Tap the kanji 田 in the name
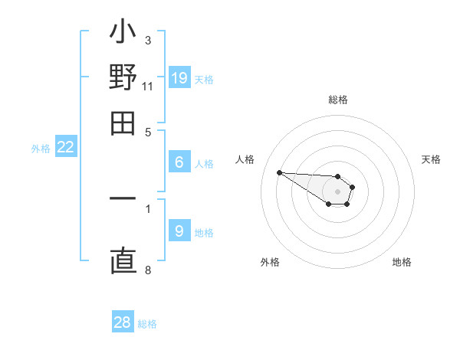(x=123, y=123)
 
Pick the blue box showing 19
(x=179, y=78)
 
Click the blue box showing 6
(x=179, y=162)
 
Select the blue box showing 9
(x=179, y=231)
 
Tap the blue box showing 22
(x=66, y=148)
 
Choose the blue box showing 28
(x=123, y=322)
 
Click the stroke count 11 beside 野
(x=148, y=86)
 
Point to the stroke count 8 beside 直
(x=148, y=270)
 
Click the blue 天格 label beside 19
(x=204, y=80)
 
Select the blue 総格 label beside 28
(x=147, y=324)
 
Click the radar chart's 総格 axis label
(x=337, y=100)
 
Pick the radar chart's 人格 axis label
(x=245, y=159)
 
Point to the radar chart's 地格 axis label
(x=402, y=262)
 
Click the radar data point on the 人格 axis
(x=279, y=172)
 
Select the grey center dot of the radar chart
(x=337, y=191)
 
